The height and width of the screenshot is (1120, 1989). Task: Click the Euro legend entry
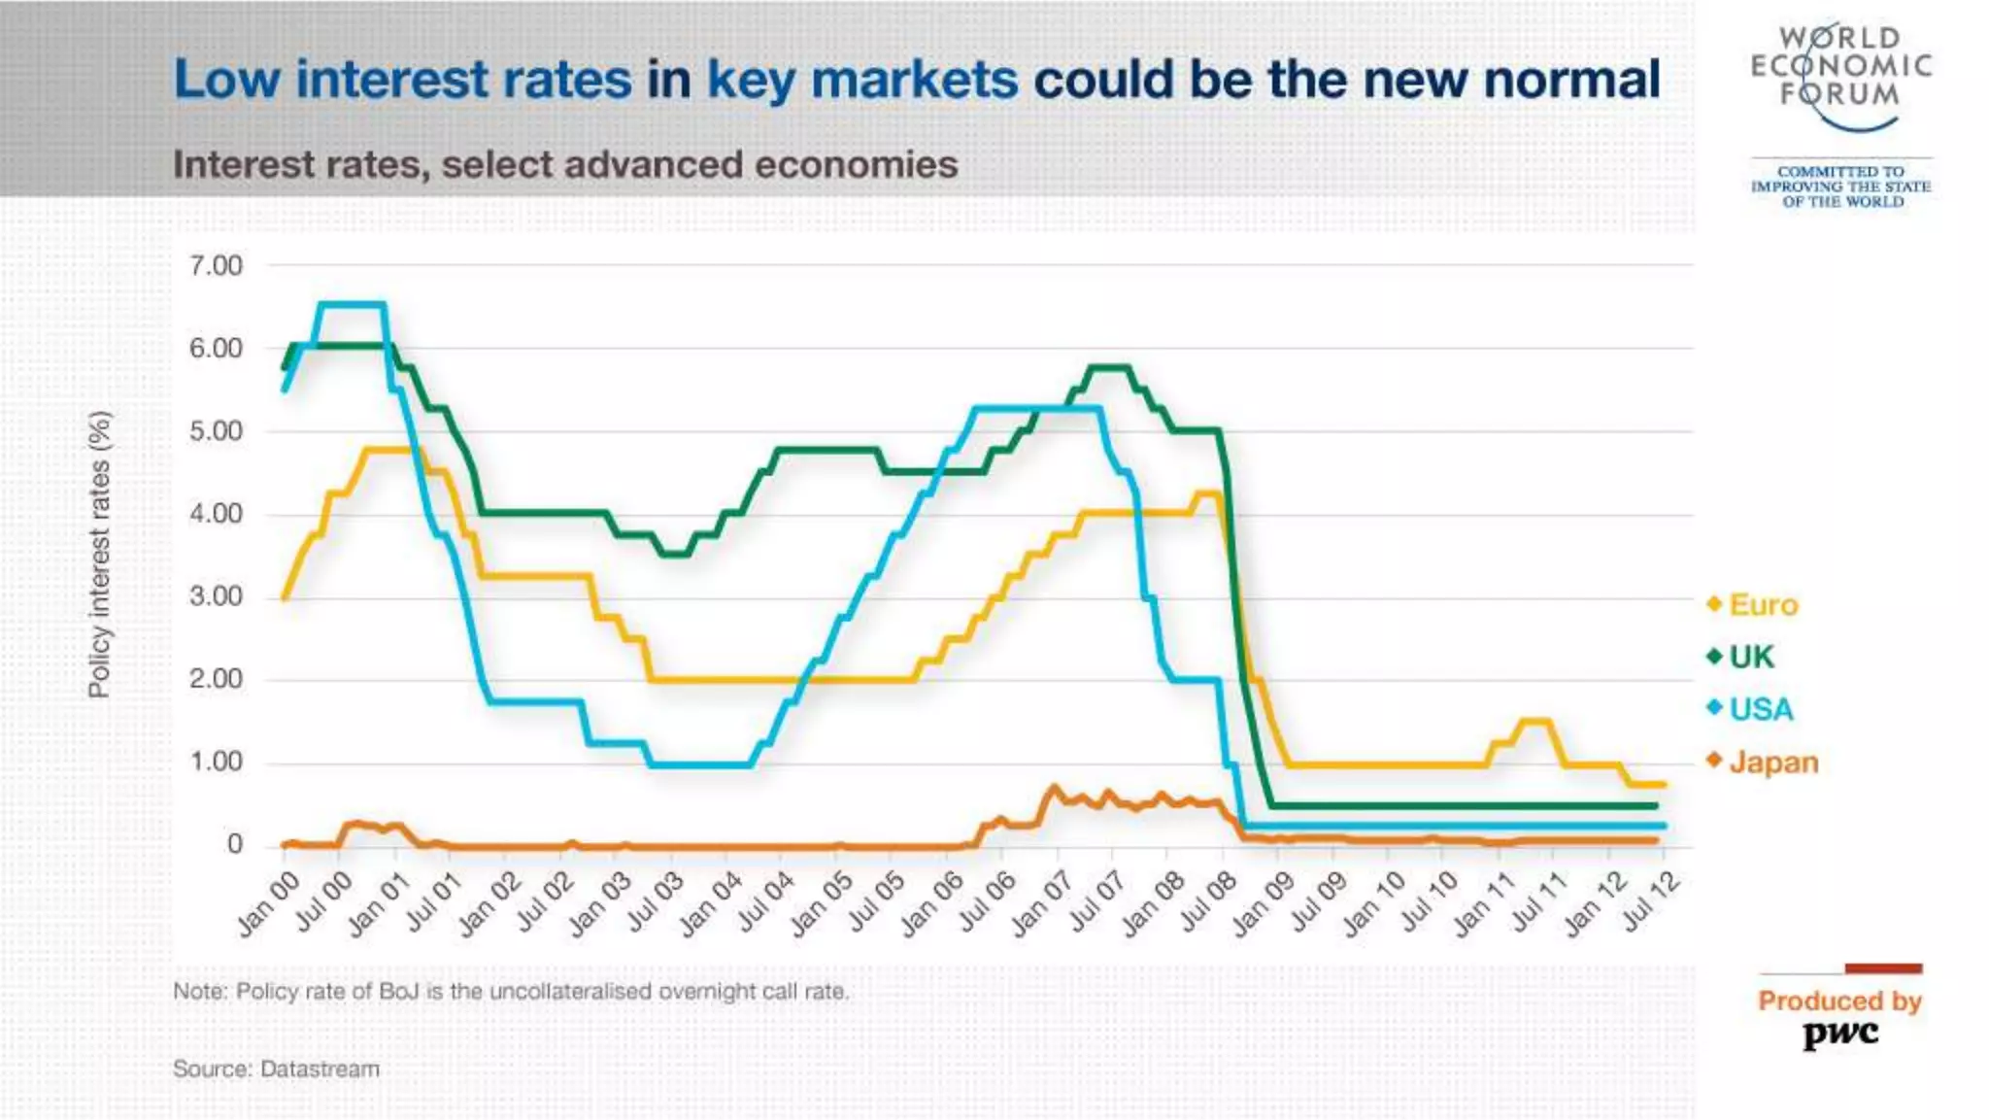tap(1762, 605)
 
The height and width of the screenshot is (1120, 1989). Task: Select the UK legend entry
tap(1750, 658)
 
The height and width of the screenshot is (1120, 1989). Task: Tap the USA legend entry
tap(1760, 710)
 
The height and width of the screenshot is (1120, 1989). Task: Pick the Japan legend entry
tap(1772, 763)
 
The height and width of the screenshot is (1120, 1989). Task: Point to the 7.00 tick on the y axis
tap(216, 266)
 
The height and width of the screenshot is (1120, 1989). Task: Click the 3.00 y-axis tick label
tap(216, 596)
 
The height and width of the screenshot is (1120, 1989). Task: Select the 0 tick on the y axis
tap(234, 845)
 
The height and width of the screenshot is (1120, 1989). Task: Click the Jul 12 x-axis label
tap(1651, 902)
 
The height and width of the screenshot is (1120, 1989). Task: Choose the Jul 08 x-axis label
tap(1208, 903)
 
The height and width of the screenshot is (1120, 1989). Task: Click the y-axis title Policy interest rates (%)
tap(99, 555)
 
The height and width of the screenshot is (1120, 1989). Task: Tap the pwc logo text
tap(1840, 1034)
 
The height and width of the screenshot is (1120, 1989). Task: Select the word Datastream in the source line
tap(320, 1069)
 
